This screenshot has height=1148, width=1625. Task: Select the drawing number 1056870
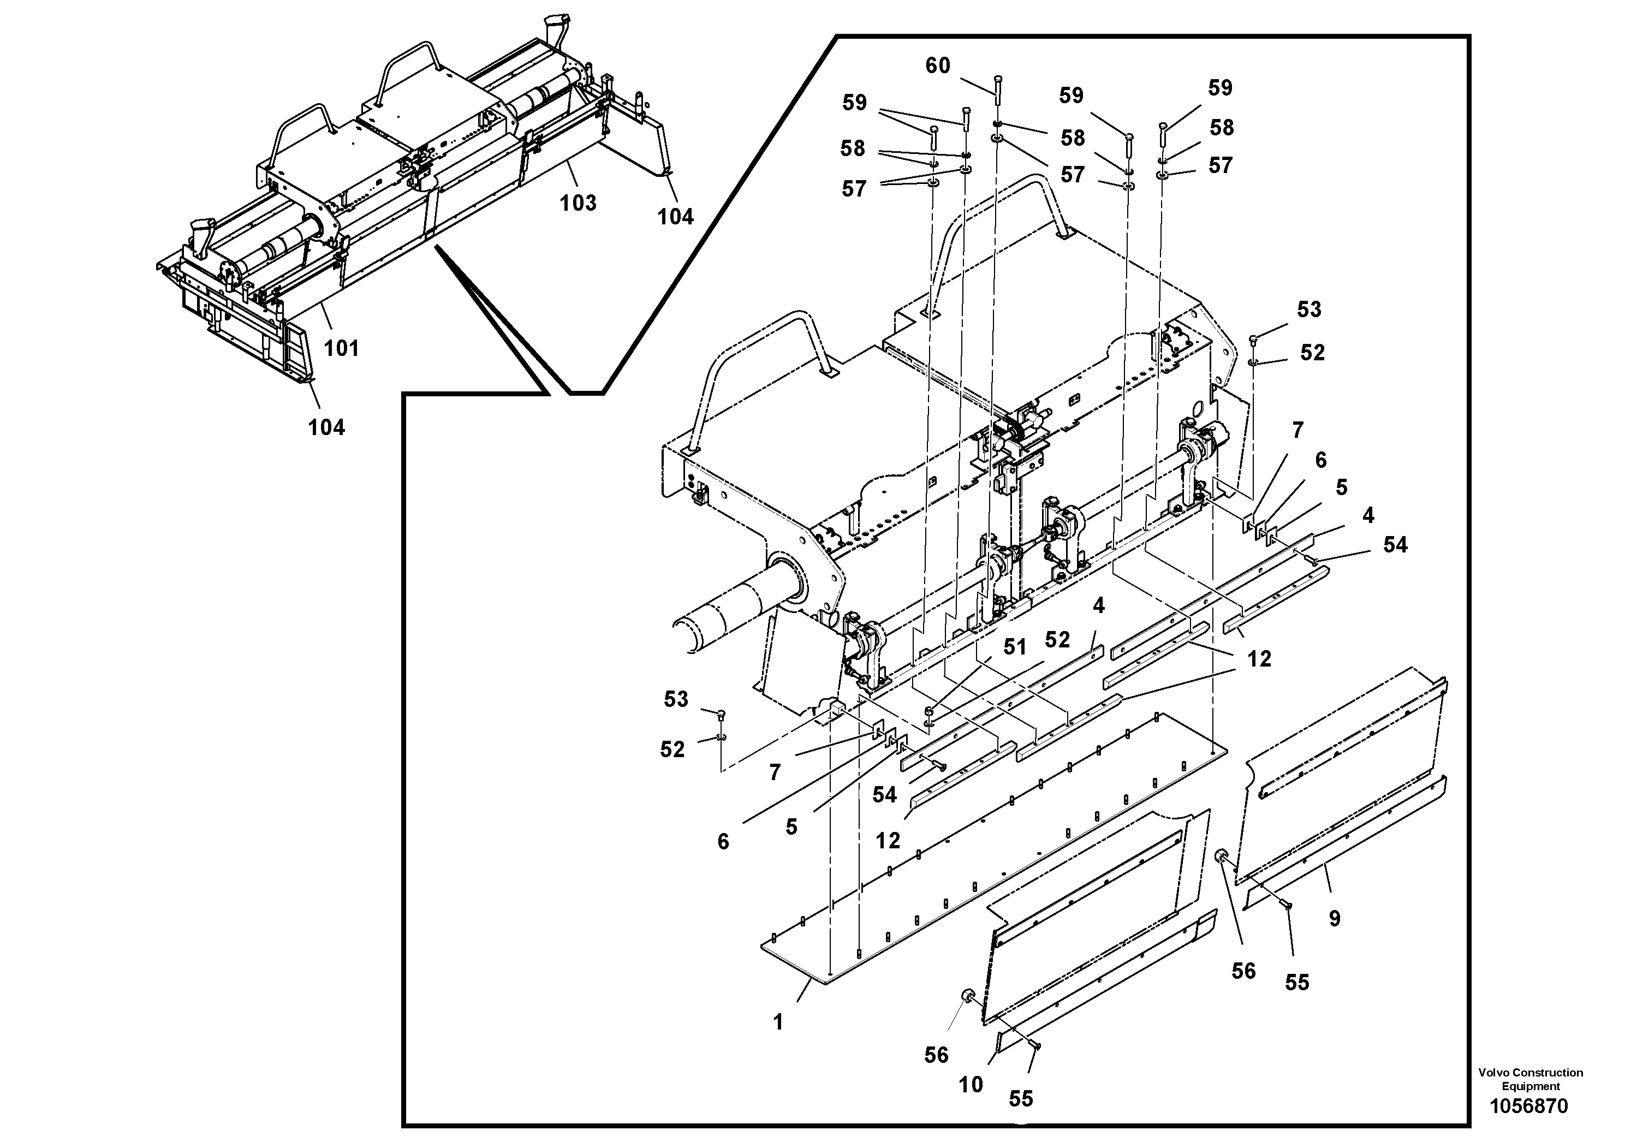1529,1105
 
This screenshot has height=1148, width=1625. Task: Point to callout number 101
341,348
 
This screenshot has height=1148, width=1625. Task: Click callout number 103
578,203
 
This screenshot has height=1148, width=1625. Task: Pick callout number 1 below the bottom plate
778,1022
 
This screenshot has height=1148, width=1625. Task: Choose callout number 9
1334,919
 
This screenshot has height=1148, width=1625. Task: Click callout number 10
971,1084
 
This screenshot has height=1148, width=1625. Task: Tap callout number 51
1014,647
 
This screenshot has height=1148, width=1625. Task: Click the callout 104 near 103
675,217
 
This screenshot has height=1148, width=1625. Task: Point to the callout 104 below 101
326,427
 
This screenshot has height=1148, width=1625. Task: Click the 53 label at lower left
675,699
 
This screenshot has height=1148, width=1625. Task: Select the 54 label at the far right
1395,544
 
